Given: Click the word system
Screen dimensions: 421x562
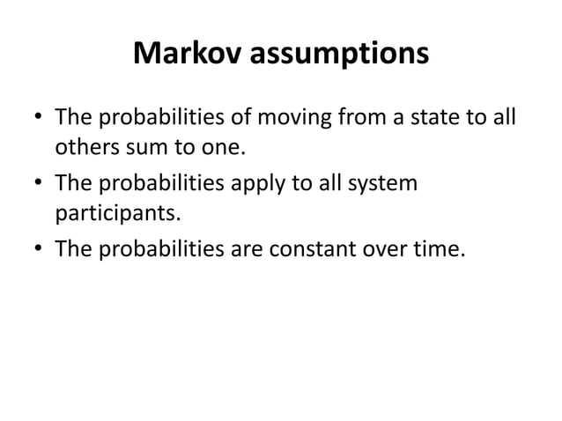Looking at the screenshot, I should click(384, 186).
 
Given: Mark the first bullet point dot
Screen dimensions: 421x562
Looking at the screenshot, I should click(40, 118).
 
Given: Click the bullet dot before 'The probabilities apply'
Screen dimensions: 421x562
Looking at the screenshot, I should click(40, 185).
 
